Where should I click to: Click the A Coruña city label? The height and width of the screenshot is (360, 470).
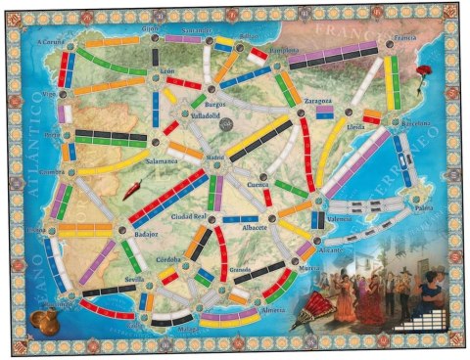(48, 43)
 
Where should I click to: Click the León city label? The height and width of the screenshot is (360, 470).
(167, 71)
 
